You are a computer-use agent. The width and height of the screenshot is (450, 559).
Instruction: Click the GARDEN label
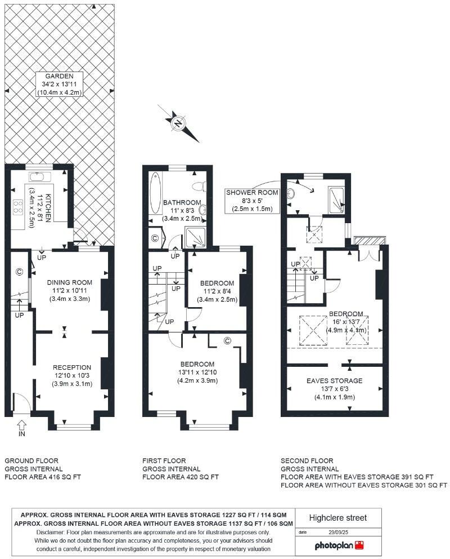[59, 85]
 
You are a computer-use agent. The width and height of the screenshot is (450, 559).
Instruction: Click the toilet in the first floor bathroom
[199, 186]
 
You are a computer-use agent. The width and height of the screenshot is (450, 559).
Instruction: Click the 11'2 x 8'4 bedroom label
[217, 291]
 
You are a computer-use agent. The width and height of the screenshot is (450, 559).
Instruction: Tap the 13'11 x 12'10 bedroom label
[197, 372]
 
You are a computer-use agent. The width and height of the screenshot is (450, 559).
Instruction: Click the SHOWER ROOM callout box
[253, 201]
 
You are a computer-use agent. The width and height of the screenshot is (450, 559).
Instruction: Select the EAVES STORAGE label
[334, 388]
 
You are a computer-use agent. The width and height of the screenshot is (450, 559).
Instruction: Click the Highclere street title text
[337, 517]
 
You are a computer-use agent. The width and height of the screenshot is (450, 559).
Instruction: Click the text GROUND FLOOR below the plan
[31, 460]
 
